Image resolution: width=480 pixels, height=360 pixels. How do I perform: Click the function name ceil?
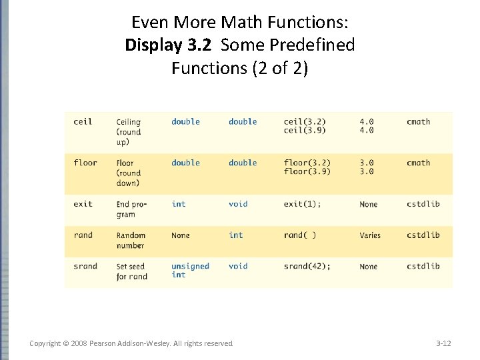83,122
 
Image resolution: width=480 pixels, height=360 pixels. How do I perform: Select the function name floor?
85,163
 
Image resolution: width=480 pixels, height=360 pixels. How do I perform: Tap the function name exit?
83,204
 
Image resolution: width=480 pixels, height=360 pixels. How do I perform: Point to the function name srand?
85,266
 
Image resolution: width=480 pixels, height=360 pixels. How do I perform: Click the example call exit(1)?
302,204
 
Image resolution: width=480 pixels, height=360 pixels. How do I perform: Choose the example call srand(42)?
307,266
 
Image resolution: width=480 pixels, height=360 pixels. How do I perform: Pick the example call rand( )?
300,235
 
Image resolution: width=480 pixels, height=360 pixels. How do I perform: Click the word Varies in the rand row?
369,235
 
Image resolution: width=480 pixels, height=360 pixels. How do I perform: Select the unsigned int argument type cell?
189,270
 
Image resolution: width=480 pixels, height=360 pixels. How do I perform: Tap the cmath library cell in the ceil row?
418,122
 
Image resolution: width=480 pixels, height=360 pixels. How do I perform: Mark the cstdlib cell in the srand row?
423,266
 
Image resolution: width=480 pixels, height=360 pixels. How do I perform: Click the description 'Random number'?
131,240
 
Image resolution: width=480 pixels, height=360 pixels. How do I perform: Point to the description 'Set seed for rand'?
131,271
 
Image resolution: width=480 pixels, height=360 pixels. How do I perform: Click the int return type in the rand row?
236,235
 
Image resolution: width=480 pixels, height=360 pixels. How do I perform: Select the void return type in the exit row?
238,204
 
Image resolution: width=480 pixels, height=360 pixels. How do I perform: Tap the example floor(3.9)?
307,172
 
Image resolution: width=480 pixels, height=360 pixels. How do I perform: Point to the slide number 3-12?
443,343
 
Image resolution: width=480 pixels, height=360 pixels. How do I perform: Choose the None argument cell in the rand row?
180,235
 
